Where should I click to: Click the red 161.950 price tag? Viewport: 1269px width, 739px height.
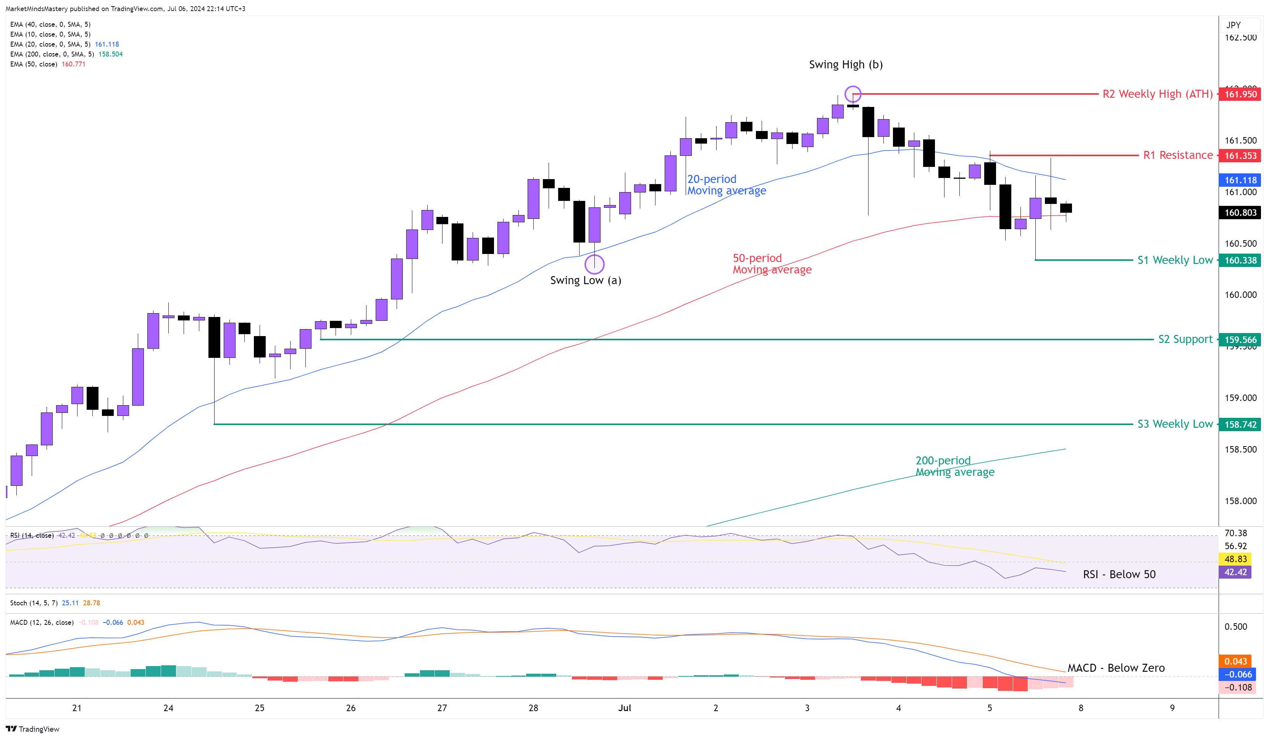[x=1240, y=94]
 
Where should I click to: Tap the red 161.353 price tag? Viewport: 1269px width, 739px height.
[x=1240, y=156]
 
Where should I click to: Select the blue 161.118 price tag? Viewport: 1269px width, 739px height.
[x=1240, y=180]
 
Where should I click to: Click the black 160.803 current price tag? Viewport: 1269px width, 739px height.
[x=1240, y=213]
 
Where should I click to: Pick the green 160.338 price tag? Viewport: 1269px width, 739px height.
[x=1240, y=260]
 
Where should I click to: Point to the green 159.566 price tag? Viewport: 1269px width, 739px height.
[x=1240, y=340]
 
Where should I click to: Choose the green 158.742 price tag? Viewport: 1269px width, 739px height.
[x=1240, y=424]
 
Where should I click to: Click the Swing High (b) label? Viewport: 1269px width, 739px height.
[x=846, y=65]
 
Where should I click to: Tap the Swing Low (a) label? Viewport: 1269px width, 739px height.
[x=585, y=281]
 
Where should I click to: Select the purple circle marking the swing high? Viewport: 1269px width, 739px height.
[x=852, y=94]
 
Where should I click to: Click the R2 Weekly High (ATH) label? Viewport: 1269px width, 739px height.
[x=1157, y=94]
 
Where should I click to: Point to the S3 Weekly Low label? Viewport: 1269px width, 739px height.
[x=1175, y=424]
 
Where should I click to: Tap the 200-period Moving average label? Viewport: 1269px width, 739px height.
[x=954, y=466]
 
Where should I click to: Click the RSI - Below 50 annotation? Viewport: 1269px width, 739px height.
[x=1119, y=574]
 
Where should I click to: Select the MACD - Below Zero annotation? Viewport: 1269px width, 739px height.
[x=1116, y=668]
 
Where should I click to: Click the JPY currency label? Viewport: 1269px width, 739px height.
[x=1233, y=25]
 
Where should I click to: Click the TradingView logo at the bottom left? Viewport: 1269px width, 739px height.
[x=33, y=729]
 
